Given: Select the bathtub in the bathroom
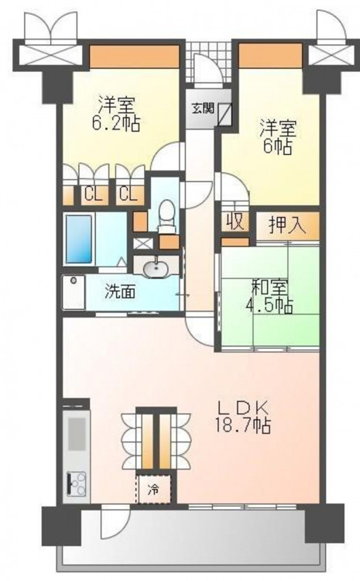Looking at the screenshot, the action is pyautogui.click(x=78, y=239).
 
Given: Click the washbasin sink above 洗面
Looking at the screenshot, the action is pyautogui.click(x=155, y=269).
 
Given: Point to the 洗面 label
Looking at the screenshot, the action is pyautogui.click(x=120, y=292).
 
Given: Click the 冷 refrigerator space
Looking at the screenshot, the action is pyautogui.click(x=153, y=489).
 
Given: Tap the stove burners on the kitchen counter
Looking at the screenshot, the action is pyautogui.click(x=77, y=483).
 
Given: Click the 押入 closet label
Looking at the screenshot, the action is pyautogui.click(x=287, y=225).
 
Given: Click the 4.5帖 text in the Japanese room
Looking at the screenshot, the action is pyautogui.click(x=269, y=306).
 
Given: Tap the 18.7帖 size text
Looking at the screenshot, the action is pyautogui.click(x=242, y=427).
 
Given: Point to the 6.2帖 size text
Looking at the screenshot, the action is pyautogui.click(x=115, y=123).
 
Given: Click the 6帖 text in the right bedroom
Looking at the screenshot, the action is pyautogui.click(x=277, y=146).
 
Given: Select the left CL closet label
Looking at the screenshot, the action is pyautogui.click(x=93, y=194).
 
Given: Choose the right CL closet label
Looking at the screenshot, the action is pyautogui.click(x=128, y=194).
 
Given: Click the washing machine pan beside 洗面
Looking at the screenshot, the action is pyautogui.click(x=74, y=292).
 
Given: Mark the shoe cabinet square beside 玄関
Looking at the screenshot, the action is pyautogui.click(x=225, y=112).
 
